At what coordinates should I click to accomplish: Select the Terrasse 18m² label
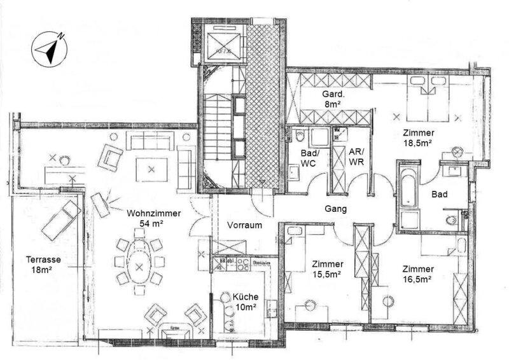pos(43,264)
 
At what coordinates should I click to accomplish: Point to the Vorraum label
pos(240,224)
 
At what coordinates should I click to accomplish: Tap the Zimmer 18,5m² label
pos(417,138)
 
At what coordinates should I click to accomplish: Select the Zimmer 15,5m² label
pos(328,269)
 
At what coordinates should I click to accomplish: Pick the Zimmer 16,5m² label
pos(417,273)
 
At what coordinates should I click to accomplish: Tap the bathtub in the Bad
pos(408,194)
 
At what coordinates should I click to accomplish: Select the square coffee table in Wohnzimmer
pos(151,169)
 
